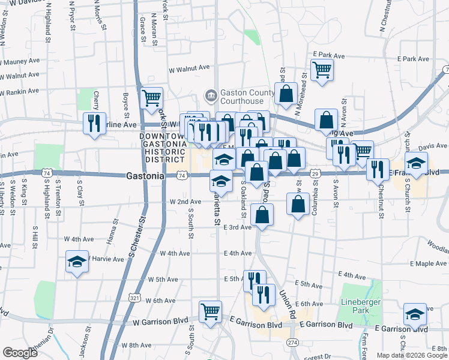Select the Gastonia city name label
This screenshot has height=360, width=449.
pos(145,176)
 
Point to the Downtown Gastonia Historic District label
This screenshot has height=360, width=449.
pos(161,148)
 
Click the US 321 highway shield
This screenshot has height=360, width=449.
pos(134,297)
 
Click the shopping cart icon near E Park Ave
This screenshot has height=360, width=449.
pos(322,70)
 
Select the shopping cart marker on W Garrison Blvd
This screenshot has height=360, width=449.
pos(211,311)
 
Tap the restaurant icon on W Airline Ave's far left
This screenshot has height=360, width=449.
pos(94,123)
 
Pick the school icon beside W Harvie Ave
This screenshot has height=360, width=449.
pos(77,261)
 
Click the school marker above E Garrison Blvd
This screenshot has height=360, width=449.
pos(415,314)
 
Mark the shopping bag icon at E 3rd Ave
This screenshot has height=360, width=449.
pos(262,215)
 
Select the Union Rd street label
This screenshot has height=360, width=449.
pos(287,305)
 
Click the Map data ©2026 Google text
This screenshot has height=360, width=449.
pos(411,355)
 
